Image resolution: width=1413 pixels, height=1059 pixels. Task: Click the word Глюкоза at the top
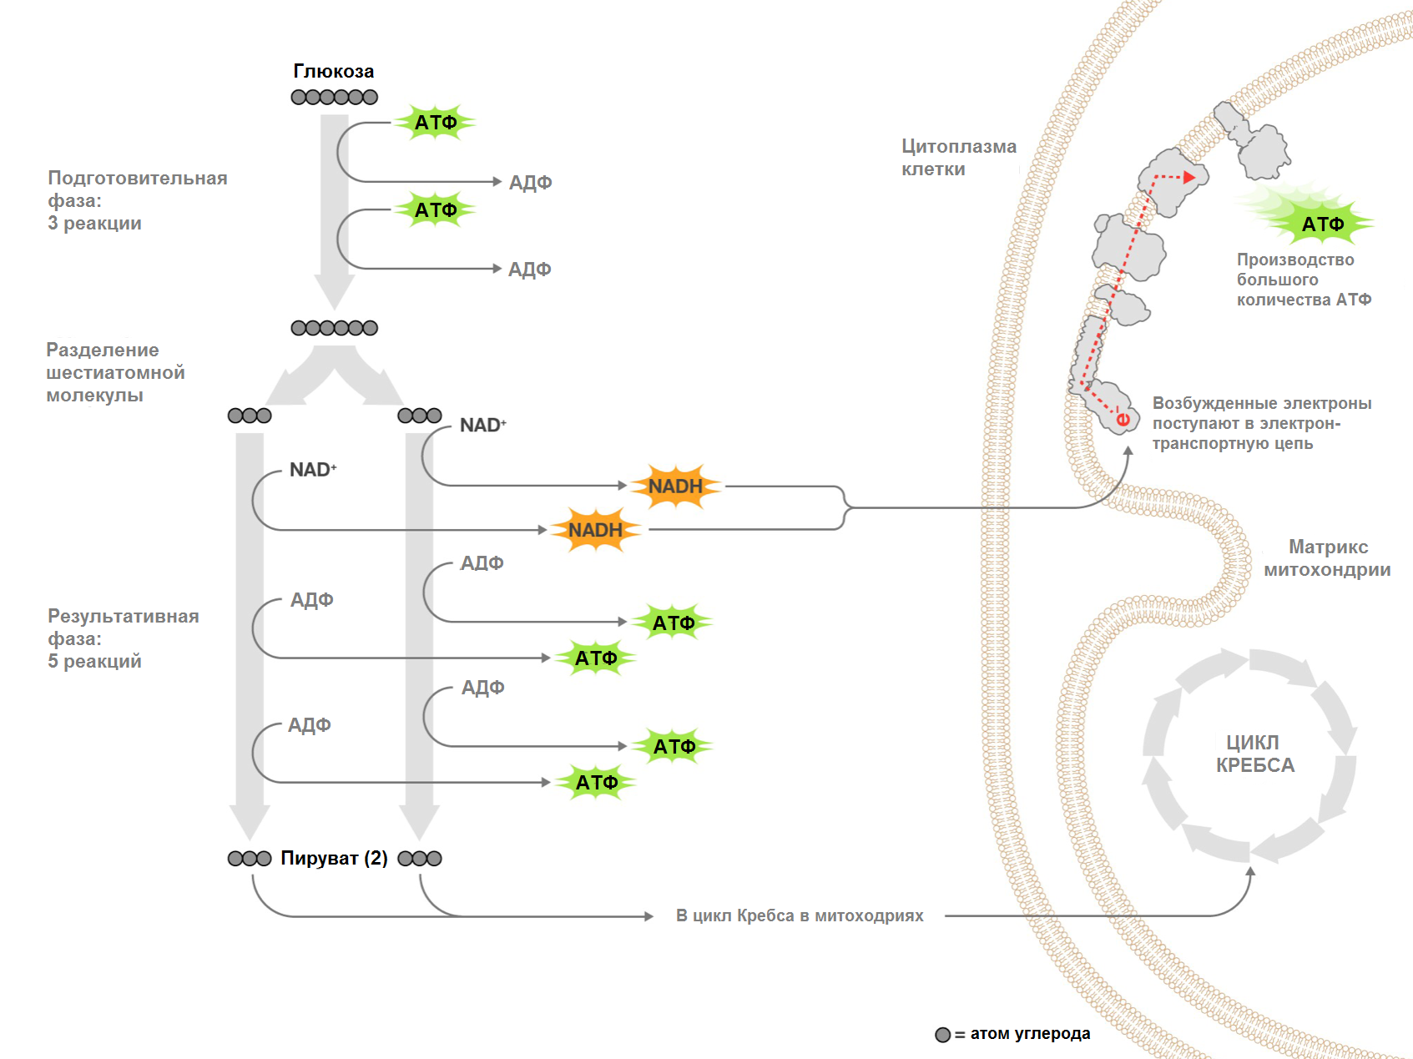coord(334,72)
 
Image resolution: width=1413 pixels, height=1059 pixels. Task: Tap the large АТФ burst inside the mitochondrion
coord(1322,224)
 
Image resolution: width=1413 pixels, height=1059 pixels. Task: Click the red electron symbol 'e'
coord(1123,419)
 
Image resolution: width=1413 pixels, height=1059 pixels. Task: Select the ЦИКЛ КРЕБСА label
coord(1254,754)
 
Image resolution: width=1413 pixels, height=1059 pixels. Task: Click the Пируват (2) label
coord(334,858)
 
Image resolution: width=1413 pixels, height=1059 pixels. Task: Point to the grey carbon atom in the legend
coord(943,1035)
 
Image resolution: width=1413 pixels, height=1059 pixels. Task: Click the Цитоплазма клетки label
coord(958,158)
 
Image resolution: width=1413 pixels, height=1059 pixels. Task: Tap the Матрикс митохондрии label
coord(1327,558)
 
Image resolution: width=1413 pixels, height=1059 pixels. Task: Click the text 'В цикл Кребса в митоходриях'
coord(800,915)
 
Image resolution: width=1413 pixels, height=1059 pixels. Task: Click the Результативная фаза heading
coord(123,638)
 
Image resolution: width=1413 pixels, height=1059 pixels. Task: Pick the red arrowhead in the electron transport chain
coord(1189,177)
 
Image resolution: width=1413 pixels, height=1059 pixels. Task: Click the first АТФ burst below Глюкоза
coord(436,123)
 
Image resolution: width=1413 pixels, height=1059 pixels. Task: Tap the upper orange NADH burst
coord(675,486)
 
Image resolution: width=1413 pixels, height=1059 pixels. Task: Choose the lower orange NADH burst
coord(595,530)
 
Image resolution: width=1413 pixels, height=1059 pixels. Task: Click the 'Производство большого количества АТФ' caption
coord(1303,280)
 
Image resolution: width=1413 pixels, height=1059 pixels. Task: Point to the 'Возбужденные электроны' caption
coord(1261,423)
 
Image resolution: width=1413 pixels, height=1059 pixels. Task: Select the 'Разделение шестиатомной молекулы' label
coord(115,372)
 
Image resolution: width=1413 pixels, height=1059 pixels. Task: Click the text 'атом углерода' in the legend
coord(1030,1034)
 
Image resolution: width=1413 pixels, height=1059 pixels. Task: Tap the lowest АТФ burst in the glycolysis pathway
coord(597,782)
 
